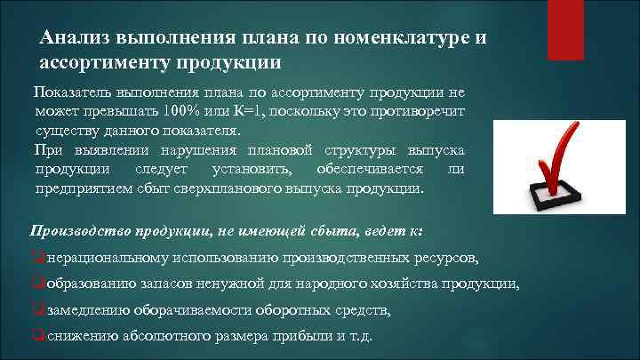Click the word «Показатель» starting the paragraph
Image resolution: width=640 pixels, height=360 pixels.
[x=70, y=92]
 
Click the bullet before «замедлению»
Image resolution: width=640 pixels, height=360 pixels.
[x=36, y=310]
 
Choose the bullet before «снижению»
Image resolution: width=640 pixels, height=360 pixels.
[x=36, y=336]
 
